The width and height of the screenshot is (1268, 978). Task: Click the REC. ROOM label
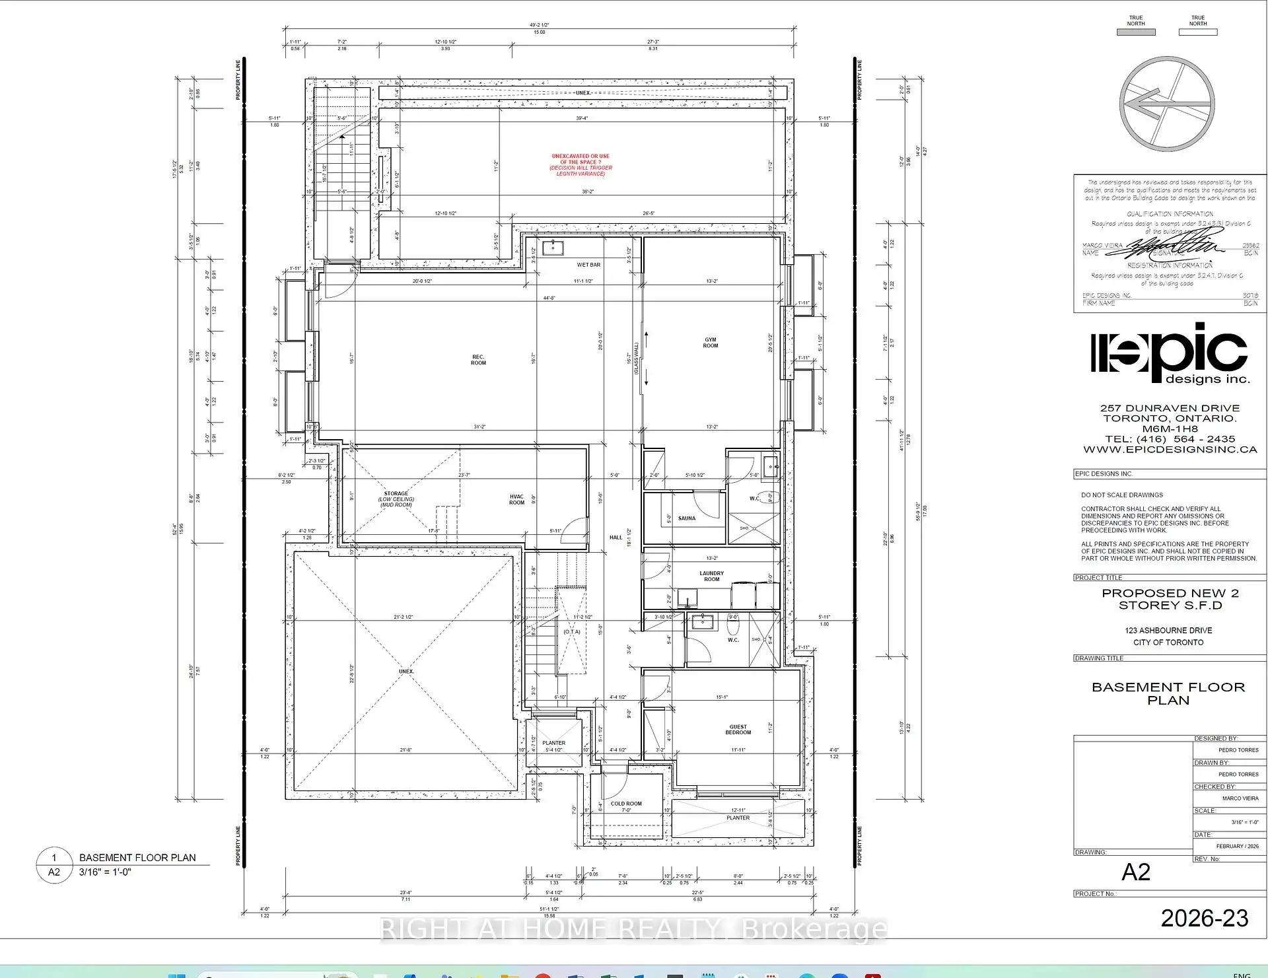[x=478, y=360]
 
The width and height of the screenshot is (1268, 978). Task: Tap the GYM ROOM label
[x=711, y=343]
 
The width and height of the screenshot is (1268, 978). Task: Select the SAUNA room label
[x=687, y=518]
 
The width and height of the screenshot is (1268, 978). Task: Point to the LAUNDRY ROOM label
[x=711, y=576]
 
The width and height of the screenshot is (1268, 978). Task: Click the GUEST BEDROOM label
[x=738, y=729]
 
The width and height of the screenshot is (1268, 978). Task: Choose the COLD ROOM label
[x=625, y=804]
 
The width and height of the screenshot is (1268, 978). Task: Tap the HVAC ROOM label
[x=516, y=500]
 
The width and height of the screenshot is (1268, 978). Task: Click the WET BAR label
[x=588, y=265]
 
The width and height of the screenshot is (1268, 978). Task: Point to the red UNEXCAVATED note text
[x=581, y=165]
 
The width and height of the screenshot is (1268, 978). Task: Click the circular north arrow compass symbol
[x=1167, y=104]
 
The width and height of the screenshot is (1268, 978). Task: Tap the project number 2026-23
[x=1204, y=919]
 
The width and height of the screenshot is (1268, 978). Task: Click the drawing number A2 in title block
[x=1135, y=872]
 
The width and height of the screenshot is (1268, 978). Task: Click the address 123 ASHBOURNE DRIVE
[x=1168, y=631]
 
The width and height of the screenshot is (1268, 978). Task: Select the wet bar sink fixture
[x=552, y=248]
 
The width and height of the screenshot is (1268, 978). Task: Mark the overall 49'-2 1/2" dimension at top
[x=539, y=25]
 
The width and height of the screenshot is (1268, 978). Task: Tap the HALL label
[x=616, y=538]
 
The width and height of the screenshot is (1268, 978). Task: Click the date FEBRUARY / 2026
[x=1237, y=846]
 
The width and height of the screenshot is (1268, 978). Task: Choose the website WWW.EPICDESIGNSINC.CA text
[x=1170, y=450]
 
